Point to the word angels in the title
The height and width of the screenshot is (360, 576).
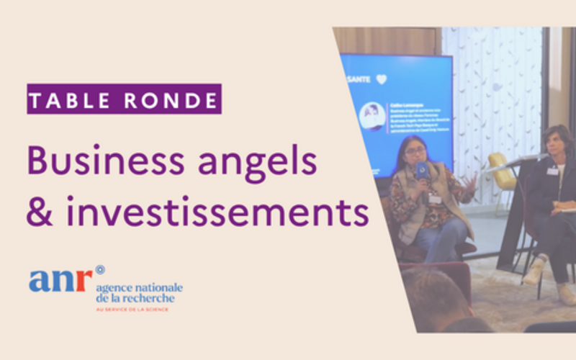pyautogui.click(x=266, y=161)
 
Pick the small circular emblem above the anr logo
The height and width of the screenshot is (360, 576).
pyautogui.click(x=99, y=269)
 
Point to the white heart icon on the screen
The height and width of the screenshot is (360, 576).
pyautogui.click(x=381, y=79)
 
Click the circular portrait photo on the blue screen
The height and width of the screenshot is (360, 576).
pyautogui.click(x=372, y=116)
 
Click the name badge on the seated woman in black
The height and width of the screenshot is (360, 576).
pyautogui.click(x=552, y=171)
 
